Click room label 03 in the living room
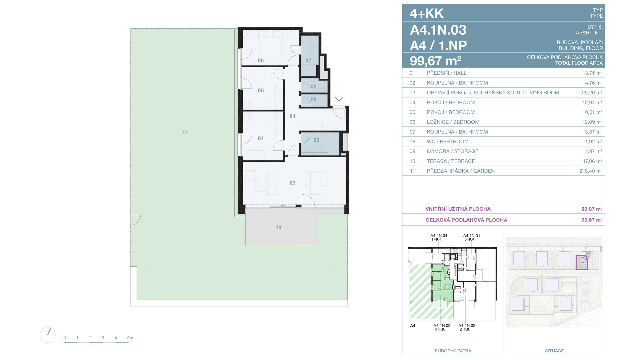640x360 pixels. (292, 183)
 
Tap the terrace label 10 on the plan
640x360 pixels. (278, 227)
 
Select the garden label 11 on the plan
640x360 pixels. (185, 132)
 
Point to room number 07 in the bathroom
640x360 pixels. (308, 60)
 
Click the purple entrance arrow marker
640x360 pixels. (339, 99)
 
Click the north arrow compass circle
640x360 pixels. (48, 335)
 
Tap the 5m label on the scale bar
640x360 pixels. (130, 338)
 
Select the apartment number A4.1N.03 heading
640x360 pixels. (438, 30)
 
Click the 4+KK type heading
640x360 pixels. (427, 13)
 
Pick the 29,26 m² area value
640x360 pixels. (592, 93)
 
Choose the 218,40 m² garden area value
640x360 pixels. (591, 171)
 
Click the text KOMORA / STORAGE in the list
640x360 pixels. (452, 151)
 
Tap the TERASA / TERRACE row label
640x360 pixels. (451, 161)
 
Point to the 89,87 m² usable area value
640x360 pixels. (592, 209)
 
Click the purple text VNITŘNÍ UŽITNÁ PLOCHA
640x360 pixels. (458, 209)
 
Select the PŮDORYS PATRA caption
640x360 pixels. (453, 351)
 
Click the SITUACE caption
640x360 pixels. (554, 351)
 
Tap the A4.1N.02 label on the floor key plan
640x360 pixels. (467, 325)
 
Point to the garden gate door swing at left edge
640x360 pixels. (136, 220)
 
